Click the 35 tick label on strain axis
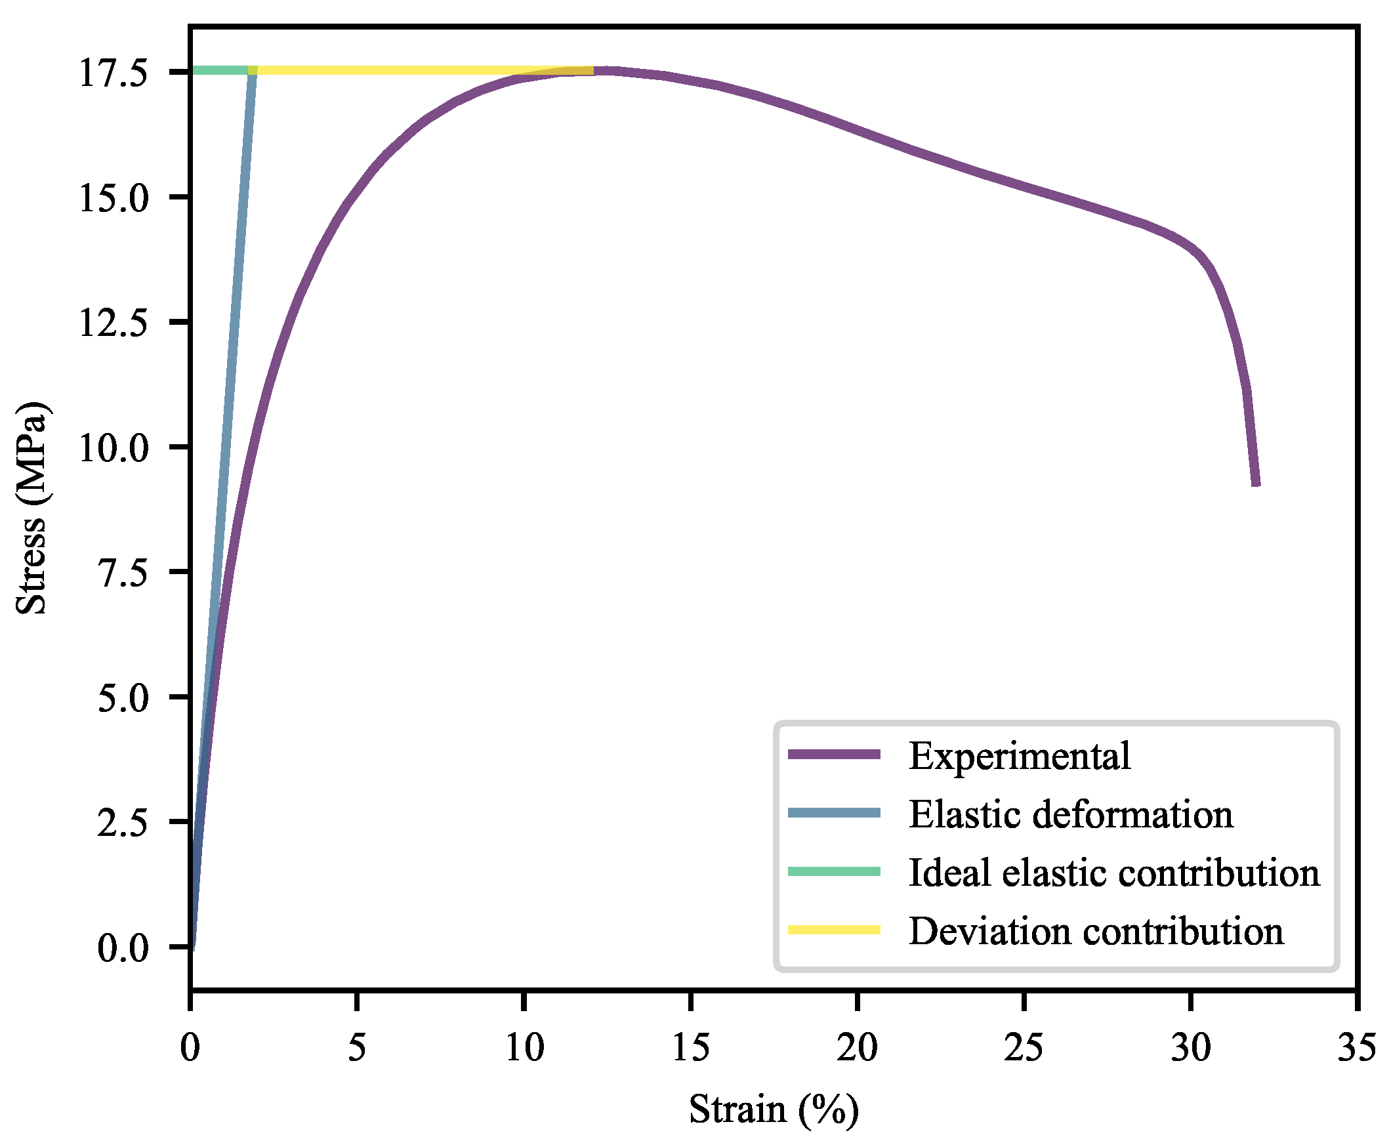click(x=1356, y=1047)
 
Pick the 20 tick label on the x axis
click(x=856, y=1047)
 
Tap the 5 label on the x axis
click(x=356, y=1047)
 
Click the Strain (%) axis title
click(x=774, y=1110)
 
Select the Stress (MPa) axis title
click(x=31, y=508)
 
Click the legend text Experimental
click(x=1019, y=755)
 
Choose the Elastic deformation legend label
click(x=1070, y=814)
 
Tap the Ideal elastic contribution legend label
click(x=1114, y=873)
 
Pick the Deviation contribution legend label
click(x=1096, y=931)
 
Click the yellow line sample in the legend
click(x=833, y=930)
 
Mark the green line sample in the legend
click(x=833, y=871)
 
